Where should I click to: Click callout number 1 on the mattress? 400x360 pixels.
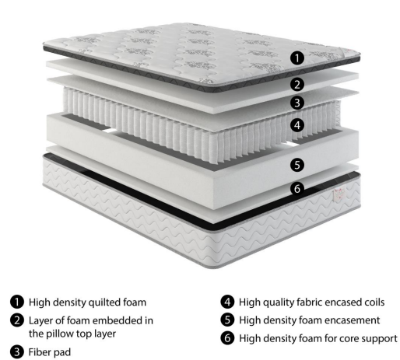(297, 58)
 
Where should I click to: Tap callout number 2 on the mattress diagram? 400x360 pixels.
(297, 85)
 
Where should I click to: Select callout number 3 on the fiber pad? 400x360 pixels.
(297, 103)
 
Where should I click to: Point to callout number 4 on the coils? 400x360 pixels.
(297, 125)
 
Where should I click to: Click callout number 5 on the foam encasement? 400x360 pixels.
(297, 165)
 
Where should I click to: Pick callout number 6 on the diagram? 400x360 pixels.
(297, 188)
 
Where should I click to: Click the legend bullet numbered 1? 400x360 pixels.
(17, 302)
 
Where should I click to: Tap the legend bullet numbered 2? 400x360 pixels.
(17, 320)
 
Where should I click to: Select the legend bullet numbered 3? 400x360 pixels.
(17, 352)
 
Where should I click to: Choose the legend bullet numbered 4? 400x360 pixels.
(227, 302)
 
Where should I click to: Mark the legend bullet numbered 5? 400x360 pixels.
(227, 320)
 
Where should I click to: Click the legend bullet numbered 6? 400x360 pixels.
(227, 338)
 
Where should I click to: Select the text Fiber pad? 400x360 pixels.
(50, 352)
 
